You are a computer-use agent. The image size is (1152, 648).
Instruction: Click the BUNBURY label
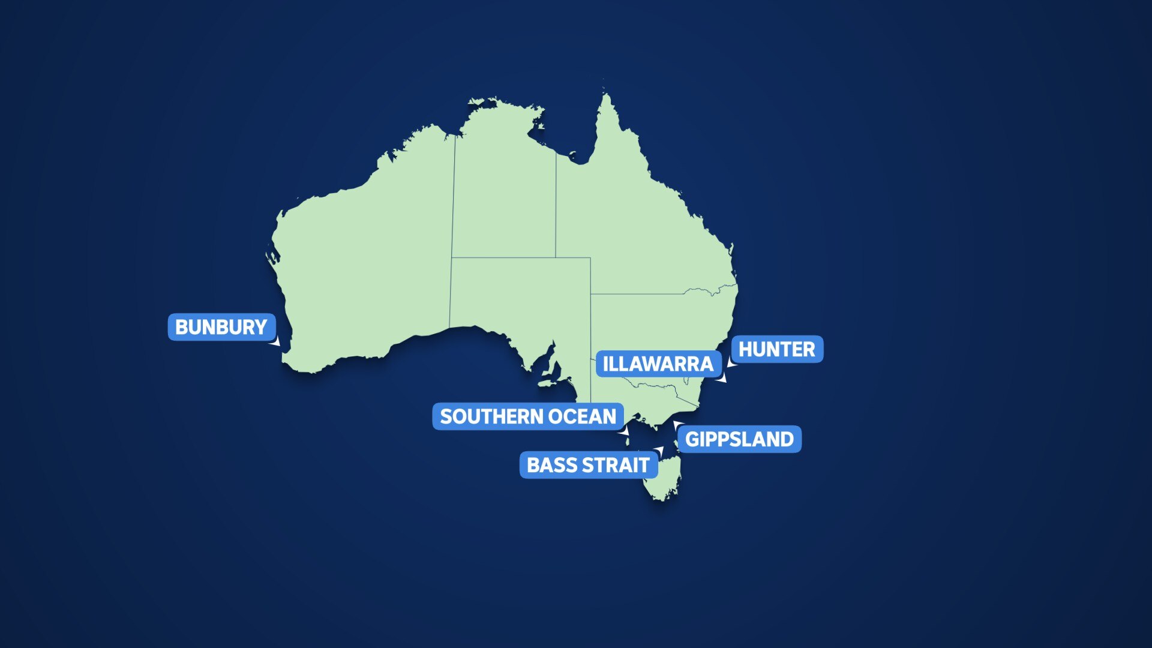point(221,327)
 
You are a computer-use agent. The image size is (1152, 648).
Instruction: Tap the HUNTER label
point(776,349)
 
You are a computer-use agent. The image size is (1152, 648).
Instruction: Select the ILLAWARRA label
point(658,364)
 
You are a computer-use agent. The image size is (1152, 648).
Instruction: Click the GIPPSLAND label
point(739,439)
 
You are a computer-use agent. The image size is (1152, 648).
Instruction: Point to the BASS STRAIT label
point(588,465)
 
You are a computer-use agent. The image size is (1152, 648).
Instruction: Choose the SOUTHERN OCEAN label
point(528,416)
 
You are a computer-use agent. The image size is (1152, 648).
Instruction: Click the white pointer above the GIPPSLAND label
point(677,425)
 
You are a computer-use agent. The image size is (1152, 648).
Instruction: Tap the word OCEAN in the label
point(581,416)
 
